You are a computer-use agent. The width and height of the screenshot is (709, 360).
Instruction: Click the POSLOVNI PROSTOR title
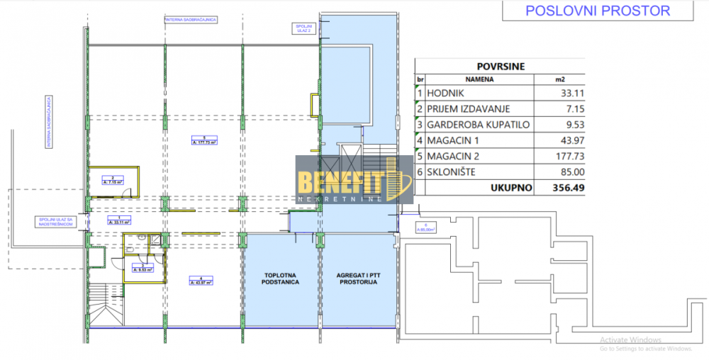tap(596, 11)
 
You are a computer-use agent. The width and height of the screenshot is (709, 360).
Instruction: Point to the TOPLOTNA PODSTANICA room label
tap(281, 278)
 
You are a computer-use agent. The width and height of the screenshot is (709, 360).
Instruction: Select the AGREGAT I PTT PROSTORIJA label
tap(357, 278)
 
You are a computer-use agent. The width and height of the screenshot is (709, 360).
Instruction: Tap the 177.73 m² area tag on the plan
tap(203, 141)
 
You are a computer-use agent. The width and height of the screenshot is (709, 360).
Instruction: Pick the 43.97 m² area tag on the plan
tap(202, 281)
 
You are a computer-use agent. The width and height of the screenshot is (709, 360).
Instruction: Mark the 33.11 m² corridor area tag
tap(118, 220)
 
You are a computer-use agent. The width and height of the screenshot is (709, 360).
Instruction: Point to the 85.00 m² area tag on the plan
tap(425, 228)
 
